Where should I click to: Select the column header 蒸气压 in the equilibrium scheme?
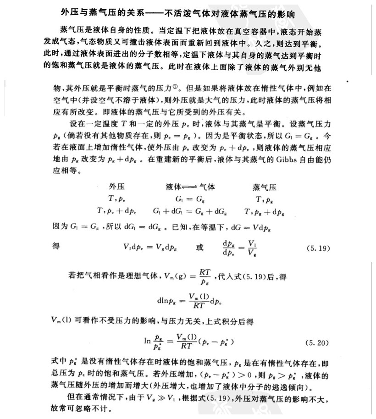coord(265,187)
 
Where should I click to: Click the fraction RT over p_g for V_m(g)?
coord(205,277)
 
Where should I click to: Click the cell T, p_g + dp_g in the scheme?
coord(265,211)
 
